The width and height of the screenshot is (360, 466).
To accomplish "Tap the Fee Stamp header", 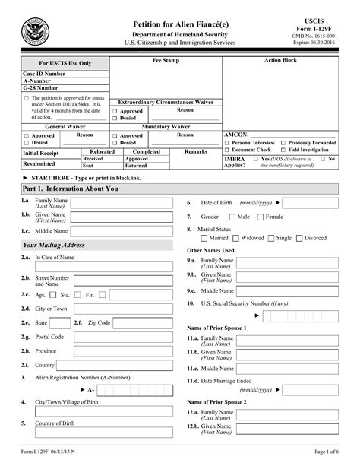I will point(166,60).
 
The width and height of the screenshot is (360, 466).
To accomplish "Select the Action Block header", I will point(280,60).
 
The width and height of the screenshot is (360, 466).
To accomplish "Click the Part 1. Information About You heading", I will point(71,188).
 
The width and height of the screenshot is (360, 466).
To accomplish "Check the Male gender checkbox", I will point(232,217).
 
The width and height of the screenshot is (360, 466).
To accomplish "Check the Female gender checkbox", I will point(261,217).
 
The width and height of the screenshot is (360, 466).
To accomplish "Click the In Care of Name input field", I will point(126,258).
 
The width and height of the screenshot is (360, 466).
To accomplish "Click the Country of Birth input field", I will point(126,423).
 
